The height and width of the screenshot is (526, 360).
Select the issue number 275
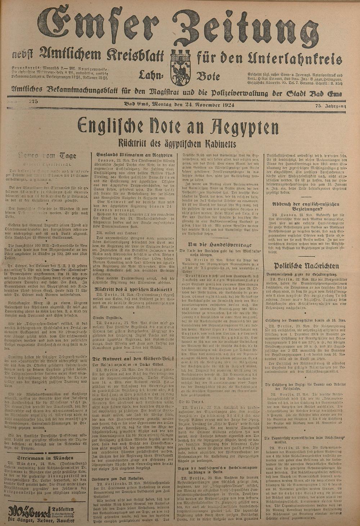pos(34,102)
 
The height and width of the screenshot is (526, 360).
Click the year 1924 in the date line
pos(226,105)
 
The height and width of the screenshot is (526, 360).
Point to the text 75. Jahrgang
pos(330,105)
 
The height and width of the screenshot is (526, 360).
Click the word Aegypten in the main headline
pos(240,127)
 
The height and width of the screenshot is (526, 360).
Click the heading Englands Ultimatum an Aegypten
pos(132,154)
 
